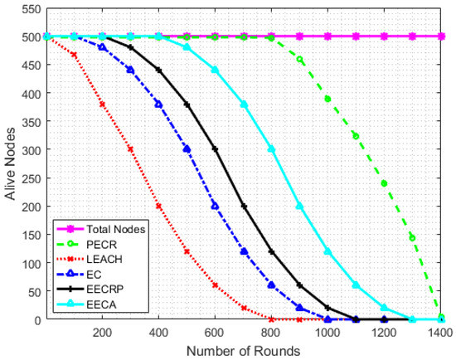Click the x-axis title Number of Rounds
tap(243, 351)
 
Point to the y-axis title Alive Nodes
tap(10, 164)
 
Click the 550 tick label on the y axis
tap(32, 10)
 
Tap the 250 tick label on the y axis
tap(32, 178)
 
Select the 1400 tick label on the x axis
tap(440, 332)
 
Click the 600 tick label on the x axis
tap(215, 332)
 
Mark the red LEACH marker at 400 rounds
tap(158, 207)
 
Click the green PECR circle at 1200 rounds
tap(384, 183)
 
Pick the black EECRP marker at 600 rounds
tap(215, 149)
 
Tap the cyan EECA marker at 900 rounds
tap(299, 207)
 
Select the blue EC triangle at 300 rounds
tap(130, 70)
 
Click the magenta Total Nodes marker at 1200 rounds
tap(384, 36)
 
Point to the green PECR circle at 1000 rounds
tap(327, 100)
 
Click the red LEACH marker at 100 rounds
tap(74, 55)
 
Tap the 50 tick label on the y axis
tap(34, 291)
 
